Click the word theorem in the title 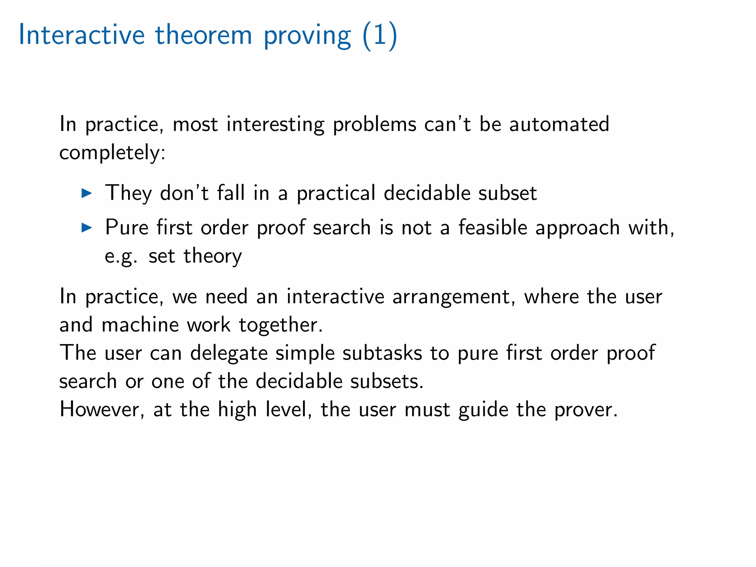[203, 35]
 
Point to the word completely [112, 153]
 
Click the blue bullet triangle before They [86, 193]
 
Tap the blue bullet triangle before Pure [86, 228]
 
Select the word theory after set [213, 256]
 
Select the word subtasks [382, 353]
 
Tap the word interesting [275, 125]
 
